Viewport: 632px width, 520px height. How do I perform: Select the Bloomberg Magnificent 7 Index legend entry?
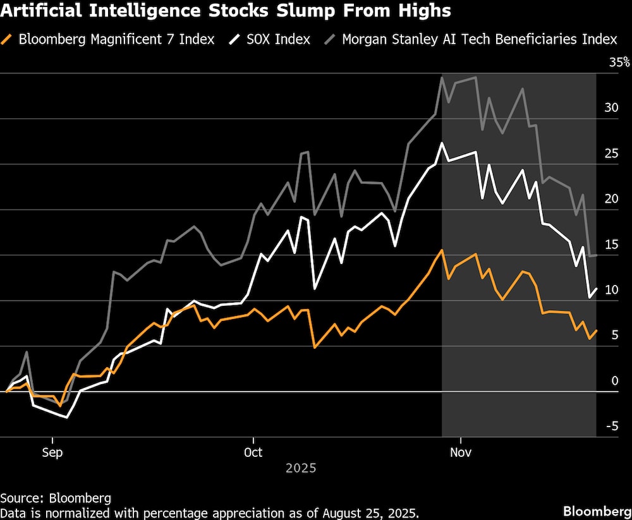tap(116, 39)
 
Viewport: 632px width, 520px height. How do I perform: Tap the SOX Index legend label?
tap(278, 39)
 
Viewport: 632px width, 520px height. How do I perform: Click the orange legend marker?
tap(8, 39)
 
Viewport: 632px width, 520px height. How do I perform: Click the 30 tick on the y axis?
tap(611, 108)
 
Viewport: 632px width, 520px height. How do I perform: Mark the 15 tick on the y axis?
tap(611, 245)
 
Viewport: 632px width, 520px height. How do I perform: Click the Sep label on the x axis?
tap(52, 452)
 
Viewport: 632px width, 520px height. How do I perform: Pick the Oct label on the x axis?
tap(253, 452)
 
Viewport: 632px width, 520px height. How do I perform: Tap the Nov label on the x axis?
tap(461, 452)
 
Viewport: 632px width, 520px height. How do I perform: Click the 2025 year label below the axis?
tap(301, 469)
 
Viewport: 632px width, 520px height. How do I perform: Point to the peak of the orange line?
tap(442, 250)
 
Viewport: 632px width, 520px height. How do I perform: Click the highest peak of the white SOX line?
tap(442, 143)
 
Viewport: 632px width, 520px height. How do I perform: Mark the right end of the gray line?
tap(596, 255)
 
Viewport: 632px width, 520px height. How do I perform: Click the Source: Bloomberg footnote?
tap(56, 498)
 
